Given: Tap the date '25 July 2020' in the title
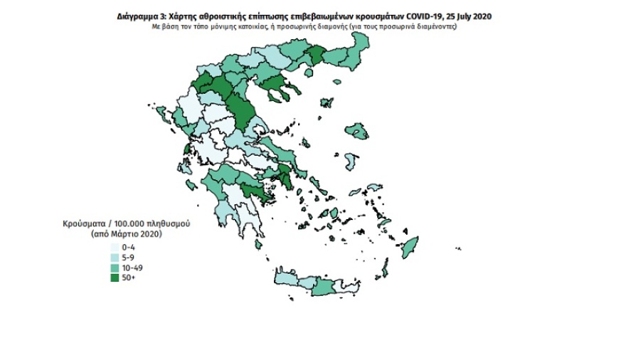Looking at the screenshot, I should click(x=472, y=16).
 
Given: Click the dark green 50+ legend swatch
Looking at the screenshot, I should click(x=115, y=277).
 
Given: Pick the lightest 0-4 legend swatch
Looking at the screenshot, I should click(x=115, y=247).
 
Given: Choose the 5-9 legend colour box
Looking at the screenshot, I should click(x=115, y=257).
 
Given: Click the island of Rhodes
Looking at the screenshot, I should click(x=410, y=250).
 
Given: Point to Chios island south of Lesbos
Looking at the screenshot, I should click(x=349, y=162).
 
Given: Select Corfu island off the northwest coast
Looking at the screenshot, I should click(x=161, y=114).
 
